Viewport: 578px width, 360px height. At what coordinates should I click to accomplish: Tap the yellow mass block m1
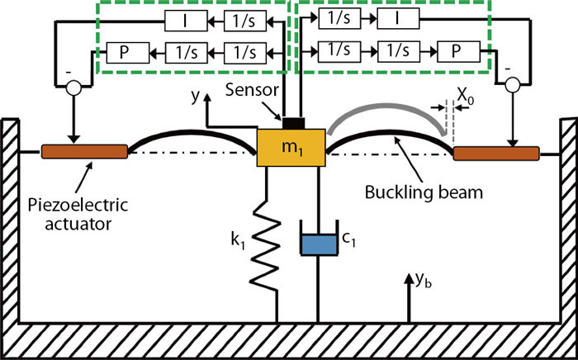coord(291,152)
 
